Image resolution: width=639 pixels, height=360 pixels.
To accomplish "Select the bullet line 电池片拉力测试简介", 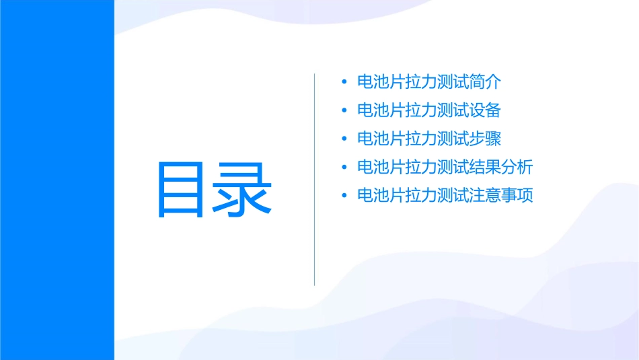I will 429,83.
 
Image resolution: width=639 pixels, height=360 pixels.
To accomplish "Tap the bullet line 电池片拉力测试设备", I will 429,110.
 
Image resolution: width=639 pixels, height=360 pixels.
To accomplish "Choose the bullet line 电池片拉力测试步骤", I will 429,139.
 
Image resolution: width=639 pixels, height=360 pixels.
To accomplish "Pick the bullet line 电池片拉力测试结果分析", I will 445,167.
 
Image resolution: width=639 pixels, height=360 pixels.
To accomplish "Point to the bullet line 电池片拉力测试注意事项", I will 445,196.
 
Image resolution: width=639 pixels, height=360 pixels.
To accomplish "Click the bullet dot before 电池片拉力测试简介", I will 344,83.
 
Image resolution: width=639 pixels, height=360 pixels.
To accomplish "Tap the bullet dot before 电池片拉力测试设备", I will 344,111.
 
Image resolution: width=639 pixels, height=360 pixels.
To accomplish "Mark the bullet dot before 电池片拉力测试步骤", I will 344,139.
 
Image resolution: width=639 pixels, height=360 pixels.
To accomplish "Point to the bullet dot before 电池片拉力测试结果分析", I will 344,168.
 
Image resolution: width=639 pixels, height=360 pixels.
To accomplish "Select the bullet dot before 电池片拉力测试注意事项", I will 344,196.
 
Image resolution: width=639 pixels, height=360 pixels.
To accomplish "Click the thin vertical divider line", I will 315,179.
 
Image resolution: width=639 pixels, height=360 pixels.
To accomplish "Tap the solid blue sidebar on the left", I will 57,180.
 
